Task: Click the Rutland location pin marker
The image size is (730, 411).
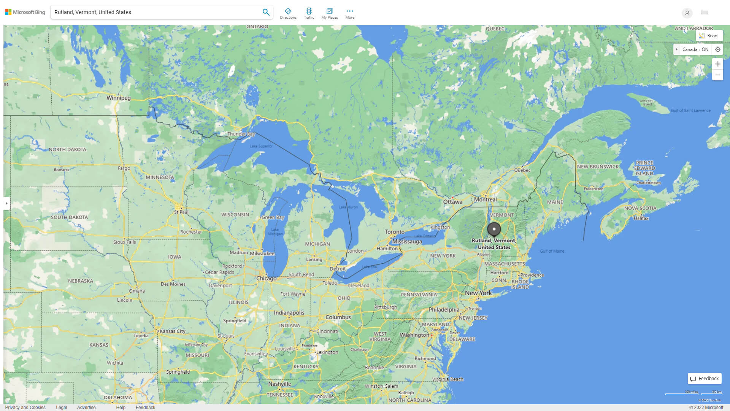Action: coord(494,229)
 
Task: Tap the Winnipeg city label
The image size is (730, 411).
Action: coord(118,98)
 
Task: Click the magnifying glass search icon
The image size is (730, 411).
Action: coord(266,12)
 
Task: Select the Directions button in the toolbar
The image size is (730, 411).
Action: coord(288,13)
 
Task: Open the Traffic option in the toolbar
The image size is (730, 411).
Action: coord(309,13)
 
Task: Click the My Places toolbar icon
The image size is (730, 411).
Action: coord(329,13)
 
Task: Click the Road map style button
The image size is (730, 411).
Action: coord(709,36)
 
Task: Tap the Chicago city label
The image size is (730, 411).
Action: coord(266,279)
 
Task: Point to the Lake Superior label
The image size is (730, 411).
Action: coord(261,146)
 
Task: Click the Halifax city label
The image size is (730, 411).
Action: coord(641,218)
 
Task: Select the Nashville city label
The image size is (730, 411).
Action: coord(279,384)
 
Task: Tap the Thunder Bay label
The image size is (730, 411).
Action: coord(241,134)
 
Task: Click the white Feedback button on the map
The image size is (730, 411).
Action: coord(704,378)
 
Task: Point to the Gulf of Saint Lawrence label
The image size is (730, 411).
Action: coord(690,111)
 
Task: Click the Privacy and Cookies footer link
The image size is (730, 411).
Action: coord(25,407)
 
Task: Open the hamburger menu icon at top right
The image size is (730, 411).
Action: coord(704,13)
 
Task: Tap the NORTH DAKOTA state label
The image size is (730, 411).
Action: coord(67,150)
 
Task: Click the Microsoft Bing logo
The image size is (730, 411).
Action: coord(25,12)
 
